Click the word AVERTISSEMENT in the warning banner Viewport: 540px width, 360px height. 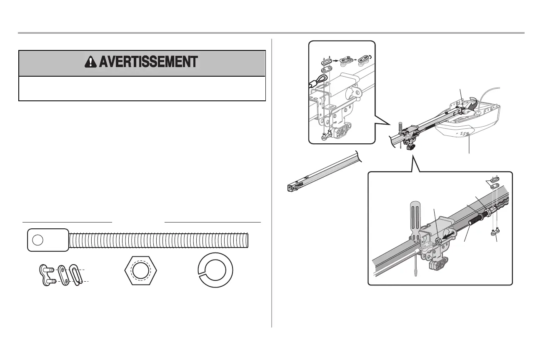pos(148,62)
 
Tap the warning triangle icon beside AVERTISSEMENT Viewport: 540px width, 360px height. pos(90,62)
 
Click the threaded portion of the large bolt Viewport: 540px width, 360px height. pos(158,240)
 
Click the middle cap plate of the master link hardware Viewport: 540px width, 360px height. pos(62,275)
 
